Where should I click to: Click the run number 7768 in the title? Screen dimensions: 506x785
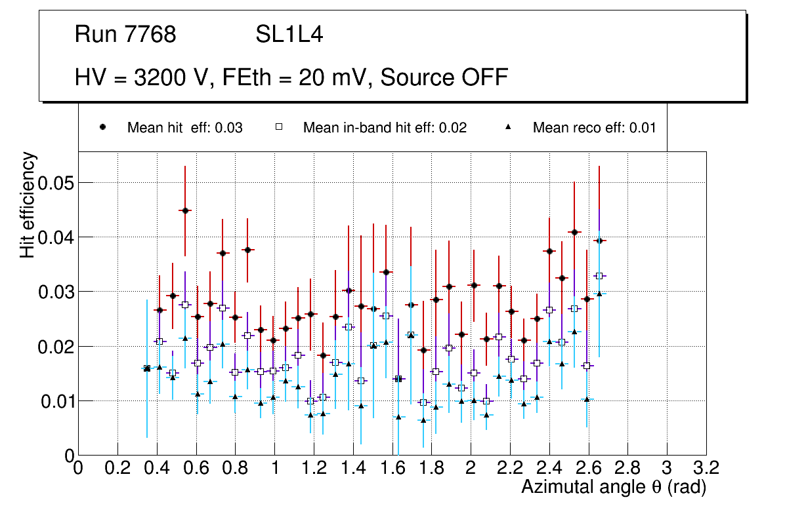coord(151,35)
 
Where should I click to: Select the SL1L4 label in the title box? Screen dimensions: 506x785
coord(289,35)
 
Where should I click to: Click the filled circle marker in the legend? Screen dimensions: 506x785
coord(103,128)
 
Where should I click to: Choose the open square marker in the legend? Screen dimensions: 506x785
coord(279,128)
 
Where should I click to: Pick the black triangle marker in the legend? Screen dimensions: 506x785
coord(509,128)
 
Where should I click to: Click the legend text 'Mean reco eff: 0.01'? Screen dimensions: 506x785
coord(594,128)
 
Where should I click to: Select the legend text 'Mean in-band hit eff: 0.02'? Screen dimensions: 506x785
coord(385,128)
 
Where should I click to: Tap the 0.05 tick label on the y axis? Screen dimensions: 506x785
coord(56,182)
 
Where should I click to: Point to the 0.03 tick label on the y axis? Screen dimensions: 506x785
coord(56,291)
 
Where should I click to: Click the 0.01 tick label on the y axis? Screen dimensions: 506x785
coord(56,400)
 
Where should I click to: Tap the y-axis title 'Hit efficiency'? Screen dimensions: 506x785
coord(28,205)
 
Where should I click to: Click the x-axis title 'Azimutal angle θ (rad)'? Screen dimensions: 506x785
coord(613,487)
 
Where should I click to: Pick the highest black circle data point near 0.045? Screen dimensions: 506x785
coord(185,210)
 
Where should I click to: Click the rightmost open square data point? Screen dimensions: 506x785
coord(599,276)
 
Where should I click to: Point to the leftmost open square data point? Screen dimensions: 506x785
coord(147,368)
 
